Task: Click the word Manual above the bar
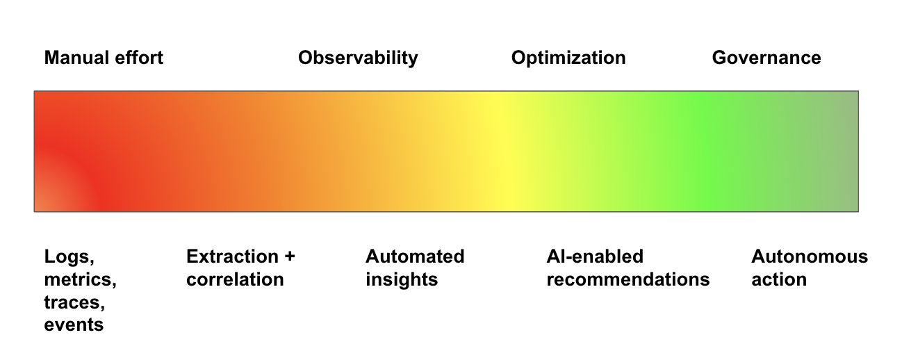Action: click(76, 58)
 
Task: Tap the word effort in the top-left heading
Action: click(139, 58)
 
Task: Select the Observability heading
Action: click(358, 58)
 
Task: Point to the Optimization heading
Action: click(568, 58)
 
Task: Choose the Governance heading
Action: click(766, 58)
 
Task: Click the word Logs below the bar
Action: click(69, 257)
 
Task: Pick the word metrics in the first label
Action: click(80, 280)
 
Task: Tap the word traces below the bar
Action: click(74, 303)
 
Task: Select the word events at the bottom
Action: click(74, 325)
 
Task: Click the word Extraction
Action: click(232, 256)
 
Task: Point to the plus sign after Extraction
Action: click(290, 257)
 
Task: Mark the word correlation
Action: click(235, 279)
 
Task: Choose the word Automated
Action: click(415, 256)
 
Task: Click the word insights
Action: click(402, 280)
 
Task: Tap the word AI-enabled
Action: click(595, 256)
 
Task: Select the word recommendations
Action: click(628, 279)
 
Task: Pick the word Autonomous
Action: click(810, 256)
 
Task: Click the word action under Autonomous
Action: click(779, 279)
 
